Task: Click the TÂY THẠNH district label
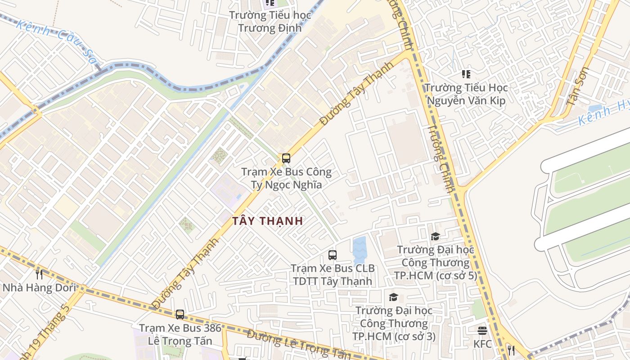[267, 221]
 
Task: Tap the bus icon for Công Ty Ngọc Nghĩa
[286, 158]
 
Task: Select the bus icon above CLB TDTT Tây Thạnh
[333, 255]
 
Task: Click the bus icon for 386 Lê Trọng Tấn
[180, 315]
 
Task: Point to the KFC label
[482, 344]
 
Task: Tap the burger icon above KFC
[482, 331]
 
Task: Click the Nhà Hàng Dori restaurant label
[39, 288]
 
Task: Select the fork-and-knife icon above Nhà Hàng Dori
[39, 274]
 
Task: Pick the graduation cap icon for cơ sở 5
[435, 236]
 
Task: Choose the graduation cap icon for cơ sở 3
[394, 297]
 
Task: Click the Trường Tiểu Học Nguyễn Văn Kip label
[466, 94]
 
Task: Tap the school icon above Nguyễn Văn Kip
[466, 74]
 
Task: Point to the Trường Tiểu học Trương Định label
[270, 22]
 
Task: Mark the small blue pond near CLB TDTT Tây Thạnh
[360, 250]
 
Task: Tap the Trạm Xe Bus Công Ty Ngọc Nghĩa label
[287, 178]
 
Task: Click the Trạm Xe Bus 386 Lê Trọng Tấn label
[180, 334]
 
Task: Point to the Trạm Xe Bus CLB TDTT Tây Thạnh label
[333, 274]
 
